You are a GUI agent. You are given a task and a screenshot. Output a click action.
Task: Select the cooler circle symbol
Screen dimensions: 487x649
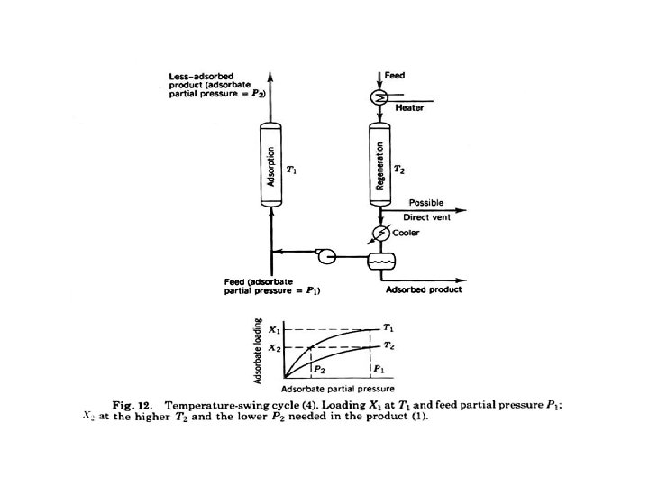(379, 234)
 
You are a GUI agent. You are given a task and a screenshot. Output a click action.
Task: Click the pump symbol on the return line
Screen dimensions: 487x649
(325, 257)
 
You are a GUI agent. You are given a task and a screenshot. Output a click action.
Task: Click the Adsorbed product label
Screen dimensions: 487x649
(424, 289)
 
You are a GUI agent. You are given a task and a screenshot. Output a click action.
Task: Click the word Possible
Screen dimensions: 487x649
(426, 202)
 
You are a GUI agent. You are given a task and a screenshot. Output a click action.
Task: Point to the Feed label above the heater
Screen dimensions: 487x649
(395, 74)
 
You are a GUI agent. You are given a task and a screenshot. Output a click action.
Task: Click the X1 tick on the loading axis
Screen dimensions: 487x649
(275, 330)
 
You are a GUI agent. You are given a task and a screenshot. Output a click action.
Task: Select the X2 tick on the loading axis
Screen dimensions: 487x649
(275, 347)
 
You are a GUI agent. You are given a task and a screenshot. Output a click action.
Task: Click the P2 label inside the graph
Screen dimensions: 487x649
(320, 368)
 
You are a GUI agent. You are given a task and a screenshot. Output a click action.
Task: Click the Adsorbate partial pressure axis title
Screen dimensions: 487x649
(331, 388)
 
